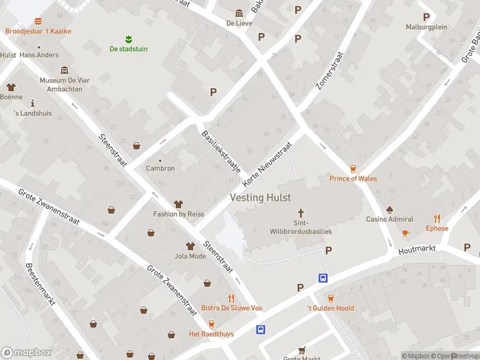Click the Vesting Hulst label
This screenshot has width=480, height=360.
click(x=260, y=197)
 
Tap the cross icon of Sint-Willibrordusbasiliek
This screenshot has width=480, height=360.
click(x=301, y=213)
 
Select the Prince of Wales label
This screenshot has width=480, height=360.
click(x=353, y=178)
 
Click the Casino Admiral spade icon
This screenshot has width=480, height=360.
click(x=389, y=210)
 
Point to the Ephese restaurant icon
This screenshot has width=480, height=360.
click(x=437, y=219)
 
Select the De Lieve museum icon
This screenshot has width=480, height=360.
click(x=239, y=14)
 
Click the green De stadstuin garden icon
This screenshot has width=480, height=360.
click(x=128, y=39)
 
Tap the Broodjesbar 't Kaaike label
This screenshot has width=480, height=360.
click(x=38, y=31)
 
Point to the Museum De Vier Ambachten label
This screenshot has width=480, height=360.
click(x=61, y=85)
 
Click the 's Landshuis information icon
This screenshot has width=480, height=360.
click(x=32, y=103)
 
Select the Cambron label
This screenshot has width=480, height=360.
click(x=160, y=169)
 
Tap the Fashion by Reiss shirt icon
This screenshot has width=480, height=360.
click(x=178, y=205)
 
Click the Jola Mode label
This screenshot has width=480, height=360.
click(x=190, y=256)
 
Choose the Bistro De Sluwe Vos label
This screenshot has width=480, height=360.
click(x=231, y=308)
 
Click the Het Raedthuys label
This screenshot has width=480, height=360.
click(x=211, y=334)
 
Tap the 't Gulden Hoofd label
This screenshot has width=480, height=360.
click(x=331, y=308)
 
